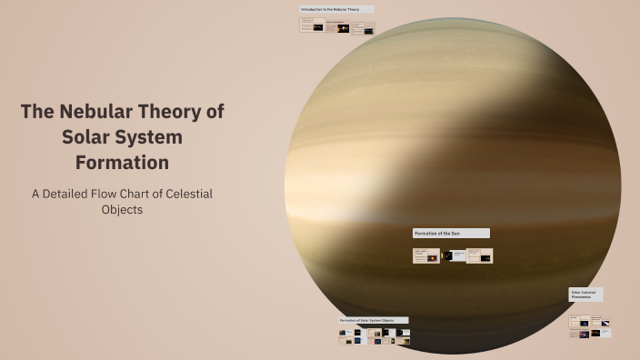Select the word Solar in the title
(87, 137)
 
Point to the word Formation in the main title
(122, 163)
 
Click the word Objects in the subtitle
(122, 210)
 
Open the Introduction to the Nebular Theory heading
(335, 9)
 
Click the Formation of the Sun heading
(450, 234)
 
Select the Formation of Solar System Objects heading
(373, 320)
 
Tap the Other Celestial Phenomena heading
(585, 295)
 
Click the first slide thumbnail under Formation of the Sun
(426, 255)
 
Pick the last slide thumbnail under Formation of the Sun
(480, 255)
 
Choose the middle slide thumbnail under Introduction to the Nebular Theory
(337, 27)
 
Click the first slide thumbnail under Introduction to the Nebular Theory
(312, 26)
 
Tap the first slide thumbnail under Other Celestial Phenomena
(579, 321)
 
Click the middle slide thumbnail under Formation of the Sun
(453, 255)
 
